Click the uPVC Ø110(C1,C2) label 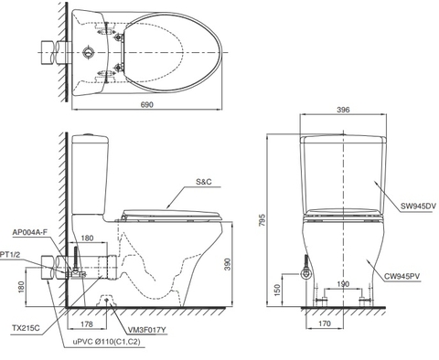click(x=107, y=341)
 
